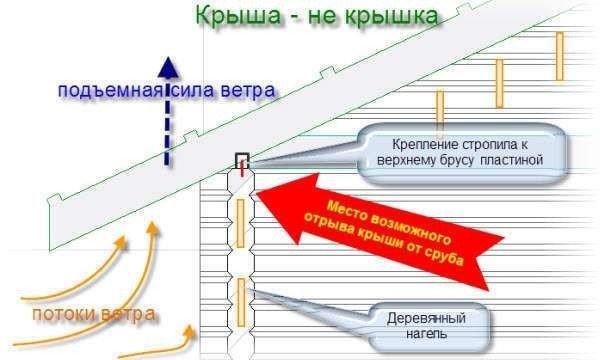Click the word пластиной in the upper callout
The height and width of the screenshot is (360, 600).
point(511,159)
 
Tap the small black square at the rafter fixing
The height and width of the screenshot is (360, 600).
point(241,160)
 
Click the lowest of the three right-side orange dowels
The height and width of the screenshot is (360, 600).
point(438,108)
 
